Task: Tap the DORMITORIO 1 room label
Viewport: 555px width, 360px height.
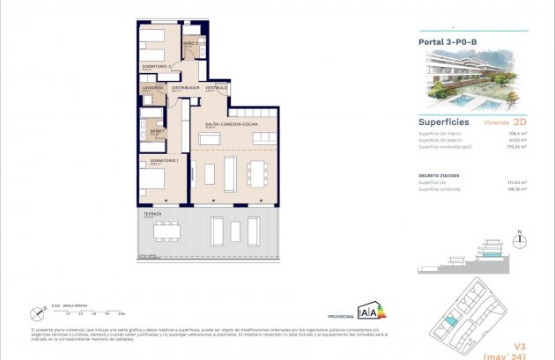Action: (165, 160)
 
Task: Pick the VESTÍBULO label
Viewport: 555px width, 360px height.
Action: (217, 88)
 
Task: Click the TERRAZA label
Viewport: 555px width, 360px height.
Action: (152, 214)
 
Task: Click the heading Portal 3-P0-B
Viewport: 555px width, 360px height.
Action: (442, 40)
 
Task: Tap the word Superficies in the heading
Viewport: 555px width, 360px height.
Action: (444, 122)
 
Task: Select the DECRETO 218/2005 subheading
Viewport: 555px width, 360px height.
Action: (438, 175)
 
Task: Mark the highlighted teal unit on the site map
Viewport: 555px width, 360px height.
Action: (451, 321)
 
